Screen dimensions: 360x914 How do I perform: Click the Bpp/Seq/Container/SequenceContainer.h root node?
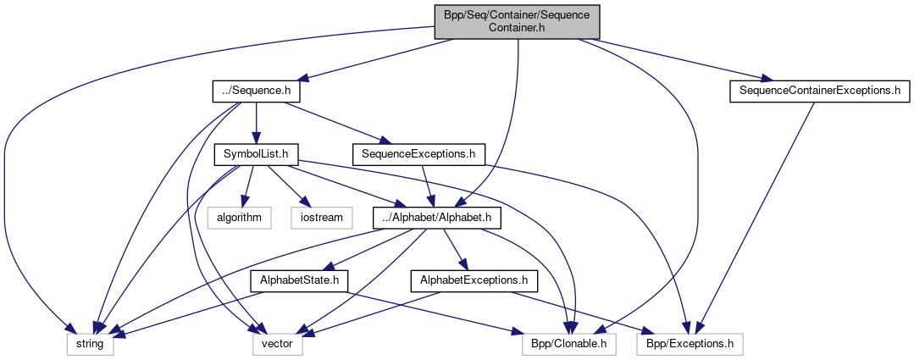[517, 21]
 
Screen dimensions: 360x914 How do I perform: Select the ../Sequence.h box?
[256, 90]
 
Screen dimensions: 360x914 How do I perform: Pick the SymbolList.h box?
[256, 154]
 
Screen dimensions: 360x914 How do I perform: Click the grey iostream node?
[322, 218]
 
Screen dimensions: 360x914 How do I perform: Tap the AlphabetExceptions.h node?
[469, 280]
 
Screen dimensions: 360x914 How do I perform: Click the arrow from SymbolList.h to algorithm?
[248, 186]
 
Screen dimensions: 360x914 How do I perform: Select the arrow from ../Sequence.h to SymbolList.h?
[256, 122]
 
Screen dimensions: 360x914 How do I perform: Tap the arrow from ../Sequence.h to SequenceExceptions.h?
[335, 122]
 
